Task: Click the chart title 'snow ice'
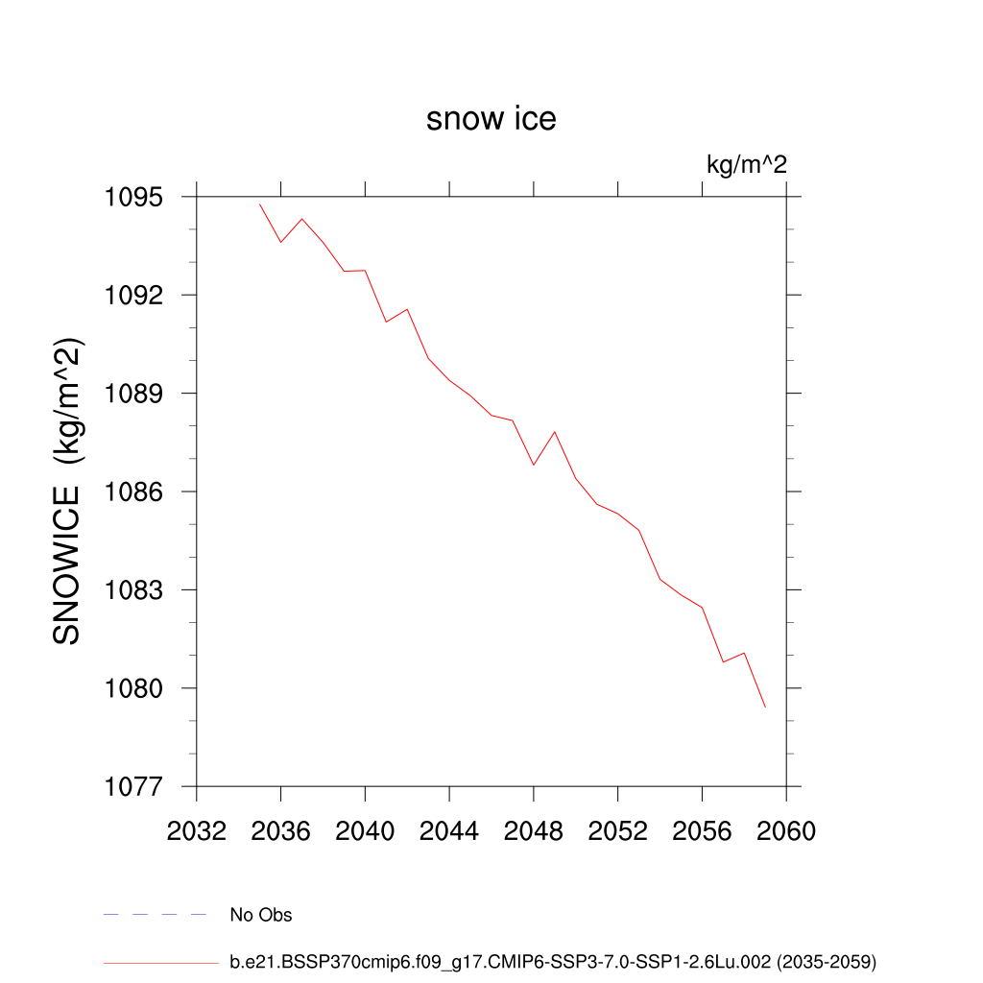point(491,119)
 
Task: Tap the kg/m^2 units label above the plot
point(746,164)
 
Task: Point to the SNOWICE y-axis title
point(66,491)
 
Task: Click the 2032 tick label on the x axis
point(197,831)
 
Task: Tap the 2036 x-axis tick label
point(280,831)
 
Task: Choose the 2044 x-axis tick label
point(449,831)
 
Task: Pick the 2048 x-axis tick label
point(534,831)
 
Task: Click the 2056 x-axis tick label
point(702,831)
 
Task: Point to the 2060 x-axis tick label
point(786,831)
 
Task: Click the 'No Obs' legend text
point(260,915)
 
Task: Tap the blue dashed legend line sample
point(155,915)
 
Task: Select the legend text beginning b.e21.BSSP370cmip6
point(553,961)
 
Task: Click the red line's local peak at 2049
point(555,432)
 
